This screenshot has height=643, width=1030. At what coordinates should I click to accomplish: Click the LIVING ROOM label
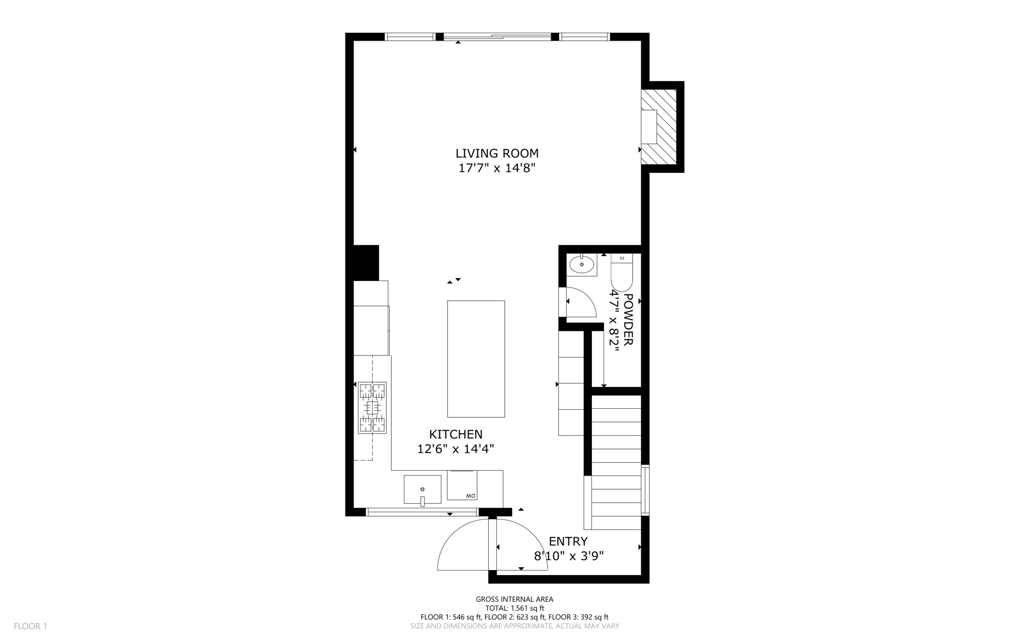point(496,153)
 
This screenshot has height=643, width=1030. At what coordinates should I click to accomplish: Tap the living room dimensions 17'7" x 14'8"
point(496,168)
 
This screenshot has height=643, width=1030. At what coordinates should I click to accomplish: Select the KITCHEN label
point(456,434)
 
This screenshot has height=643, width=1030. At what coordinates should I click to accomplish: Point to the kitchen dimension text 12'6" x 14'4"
point(456,449)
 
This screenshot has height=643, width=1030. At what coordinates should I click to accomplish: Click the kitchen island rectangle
point(476,359)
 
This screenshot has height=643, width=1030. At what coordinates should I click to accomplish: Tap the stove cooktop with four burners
point(372,408)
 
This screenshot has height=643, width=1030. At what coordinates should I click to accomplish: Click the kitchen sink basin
point(422,489)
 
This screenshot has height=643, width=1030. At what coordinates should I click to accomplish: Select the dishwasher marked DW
point(462,486)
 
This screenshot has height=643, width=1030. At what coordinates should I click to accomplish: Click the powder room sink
point(581,264)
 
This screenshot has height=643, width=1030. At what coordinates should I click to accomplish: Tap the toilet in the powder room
point(622,274)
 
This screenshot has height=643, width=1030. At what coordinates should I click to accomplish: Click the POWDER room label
point(628,319)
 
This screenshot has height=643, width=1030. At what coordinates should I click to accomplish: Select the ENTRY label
point(568,541)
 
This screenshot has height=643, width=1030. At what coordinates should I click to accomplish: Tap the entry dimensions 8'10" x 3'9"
point(568,556)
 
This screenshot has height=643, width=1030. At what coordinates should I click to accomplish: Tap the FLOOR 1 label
point(30,626)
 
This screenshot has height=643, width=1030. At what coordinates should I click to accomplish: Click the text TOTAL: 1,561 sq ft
point(514,608)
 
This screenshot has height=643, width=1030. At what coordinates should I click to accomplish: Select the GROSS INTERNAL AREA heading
point(514,599)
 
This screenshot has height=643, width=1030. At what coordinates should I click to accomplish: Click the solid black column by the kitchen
point(366,262)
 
